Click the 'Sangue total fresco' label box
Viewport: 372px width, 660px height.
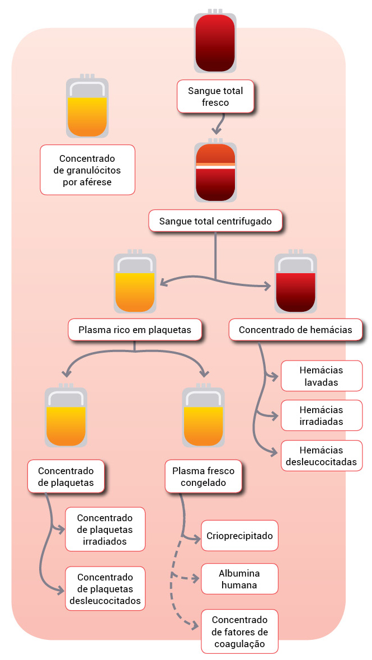(215, 96)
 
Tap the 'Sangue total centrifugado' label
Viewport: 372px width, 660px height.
(215, 221)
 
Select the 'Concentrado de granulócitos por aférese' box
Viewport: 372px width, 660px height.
(87, 170)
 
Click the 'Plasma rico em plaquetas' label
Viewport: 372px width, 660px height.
(134, 330)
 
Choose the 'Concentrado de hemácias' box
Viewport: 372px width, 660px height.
(295, 330)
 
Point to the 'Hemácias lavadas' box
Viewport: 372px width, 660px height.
(321, 377)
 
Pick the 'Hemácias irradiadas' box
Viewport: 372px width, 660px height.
(321, 416)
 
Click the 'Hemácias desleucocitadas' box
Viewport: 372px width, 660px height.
(321, 456)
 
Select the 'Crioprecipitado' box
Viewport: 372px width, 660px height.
(239, 536)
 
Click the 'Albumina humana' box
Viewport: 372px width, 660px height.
(239, 579)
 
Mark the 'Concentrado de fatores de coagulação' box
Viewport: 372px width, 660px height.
(239, 631)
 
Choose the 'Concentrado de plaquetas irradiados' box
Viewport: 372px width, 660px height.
(105, 529)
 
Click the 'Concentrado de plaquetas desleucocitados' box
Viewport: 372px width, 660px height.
(105, 588)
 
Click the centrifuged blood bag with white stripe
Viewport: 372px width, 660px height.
(215, 171)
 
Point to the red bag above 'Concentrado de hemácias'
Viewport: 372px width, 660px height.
(295, 284)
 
